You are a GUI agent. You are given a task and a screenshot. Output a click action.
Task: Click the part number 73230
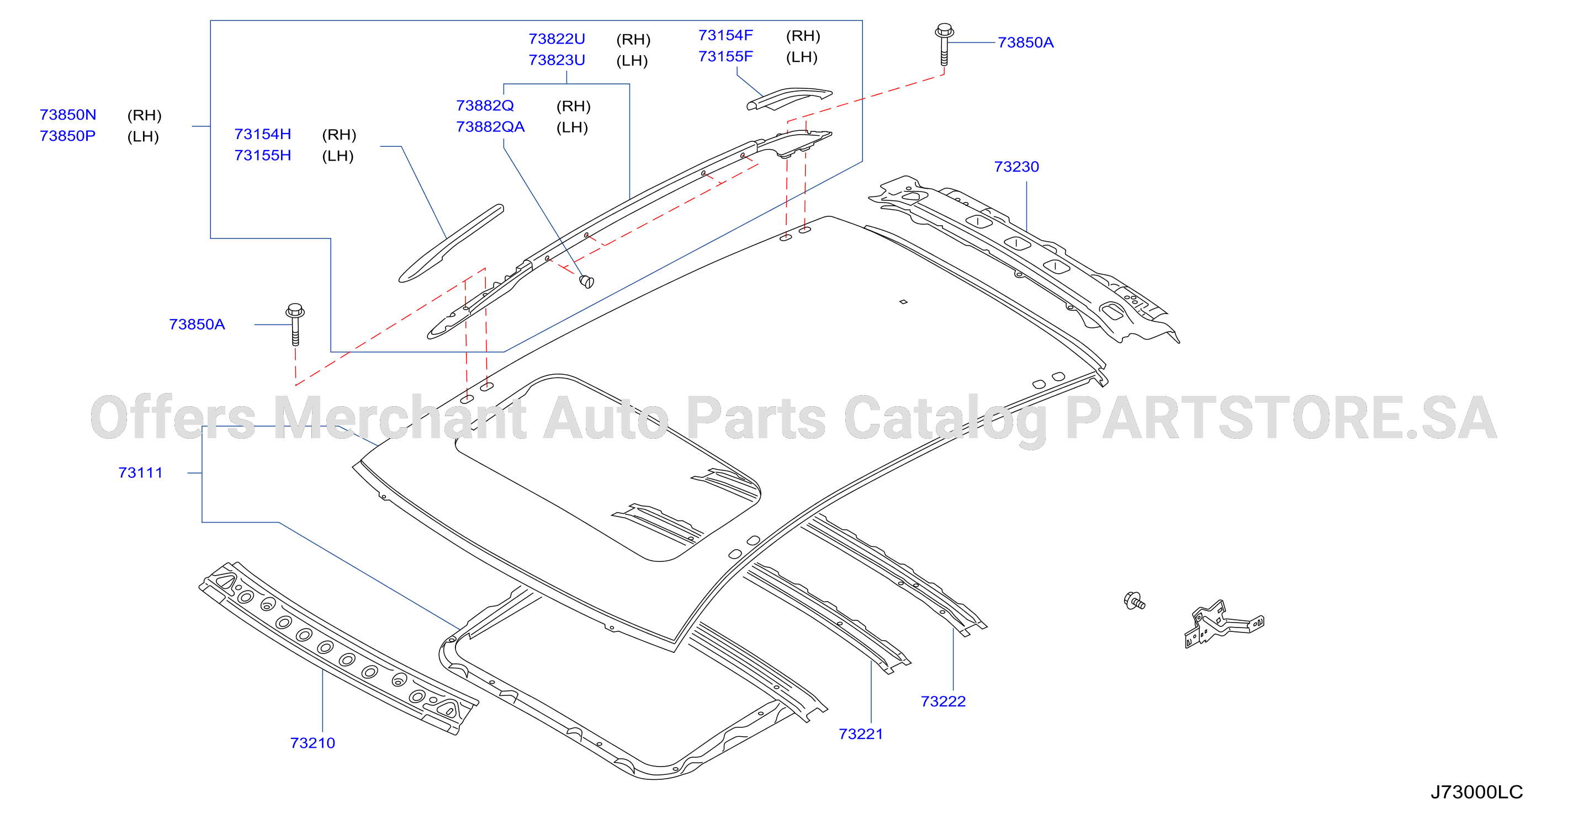[x=1016, y=167]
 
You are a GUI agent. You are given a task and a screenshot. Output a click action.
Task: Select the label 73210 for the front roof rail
[x=312, y=743]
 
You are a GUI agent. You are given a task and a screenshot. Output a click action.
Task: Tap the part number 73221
[x=860, y=733]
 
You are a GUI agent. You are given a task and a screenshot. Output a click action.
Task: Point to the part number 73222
[x=942, y=701]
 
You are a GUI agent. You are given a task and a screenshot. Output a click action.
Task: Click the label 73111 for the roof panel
[x=140, y=472]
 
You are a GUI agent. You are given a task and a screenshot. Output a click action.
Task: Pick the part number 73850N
[x=68, y=114]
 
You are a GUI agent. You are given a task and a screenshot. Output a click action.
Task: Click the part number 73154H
[x=263, y=134]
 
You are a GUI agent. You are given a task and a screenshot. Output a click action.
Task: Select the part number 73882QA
[x=490, y=127]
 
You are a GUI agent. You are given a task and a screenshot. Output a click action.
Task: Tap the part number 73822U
[x=557, y=39]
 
